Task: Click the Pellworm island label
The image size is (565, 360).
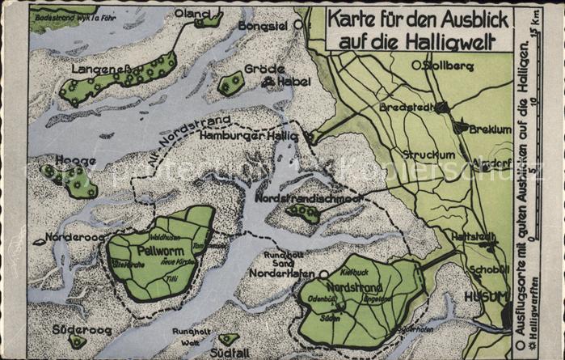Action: [x=150, y=251]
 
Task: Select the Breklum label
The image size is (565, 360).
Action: [x=488, y=129]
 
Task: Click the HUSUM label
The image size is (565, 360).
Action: [x=484, y=296]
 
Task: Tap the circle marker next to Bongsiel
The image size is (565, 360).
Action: [x=298, y=25]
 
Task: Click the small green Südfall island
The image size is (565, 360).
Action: [x=229, y=339]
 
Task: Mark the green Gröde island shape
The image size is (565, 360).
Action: [x=231, y=83]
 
